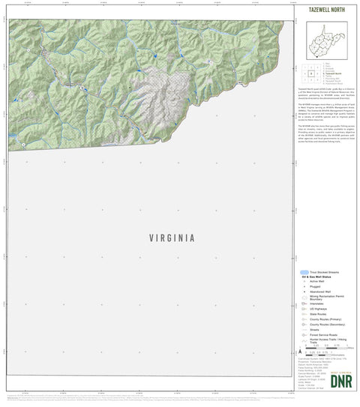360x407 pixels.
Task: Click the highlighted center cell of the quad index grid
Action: (x=310, y=74)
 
